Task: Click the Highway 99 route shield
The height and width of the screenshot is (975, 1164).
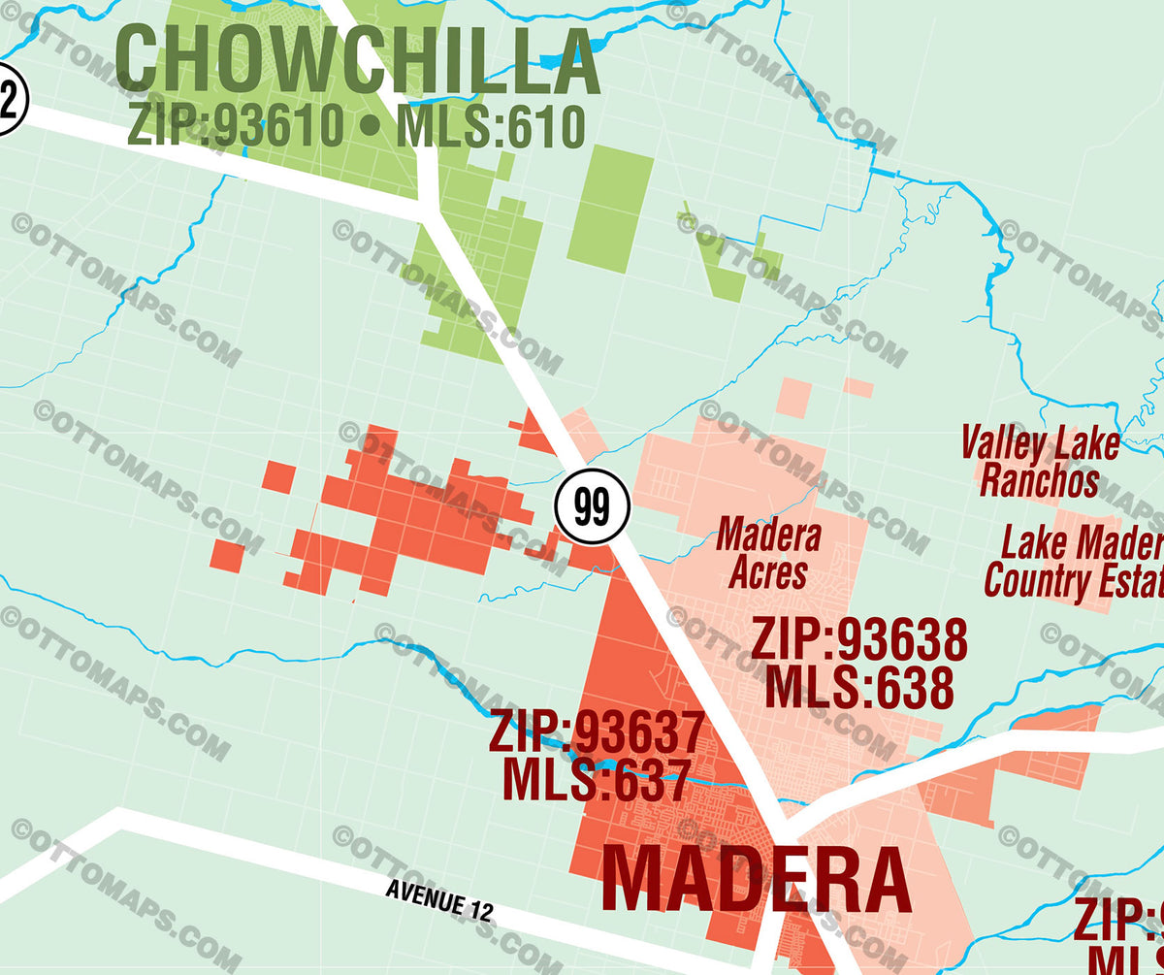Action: click(x=593, y=506)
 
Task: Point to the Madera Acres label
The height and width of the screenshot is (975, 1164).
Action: click(x=769, y=554)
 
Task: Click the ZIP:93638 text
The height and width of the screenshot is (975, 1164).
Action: click(x=859, y=640)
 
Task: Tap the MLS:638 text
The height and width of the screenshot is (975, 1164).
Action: click(x=859, y=687)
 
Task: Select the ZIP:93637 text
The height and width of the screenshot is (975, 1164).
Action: click(x=596, y=732)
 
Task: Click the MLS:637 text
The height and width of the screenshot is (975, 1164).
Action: click(x=596, y=779)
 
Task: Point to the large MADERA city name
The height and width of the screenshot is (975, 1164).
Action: click(x=757, y=881)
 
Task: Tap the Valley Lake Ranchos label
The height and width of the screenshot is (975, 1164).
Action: click(x=1040, y=463)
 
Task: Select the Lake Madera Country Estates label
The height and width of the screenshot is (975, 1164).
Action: click(x=1075, y=563)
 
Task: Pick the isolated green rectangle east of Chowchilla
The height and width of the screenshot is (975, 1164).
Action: click(x=610, y=209)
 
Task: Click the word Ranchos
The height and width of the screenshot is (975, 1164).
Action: click(x=1040, y=481)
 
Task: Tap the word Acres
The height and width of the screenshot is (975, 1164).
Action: click(x=768, y=573)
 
